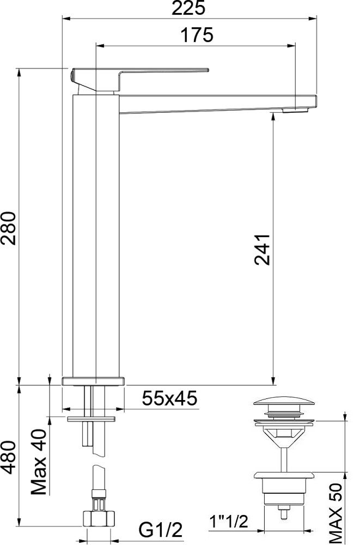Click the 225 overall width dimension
[x=188, y=8]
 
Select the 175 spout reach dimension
[x=197, y=35]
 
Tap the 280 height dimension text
[x=9, y=228]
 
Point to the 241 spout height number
[x=262, y=250]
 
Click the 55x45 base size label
[x=169, y=398]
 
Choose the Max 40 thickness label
[x=39, y=462]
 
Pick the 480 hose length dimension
[x=9, y=457]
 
